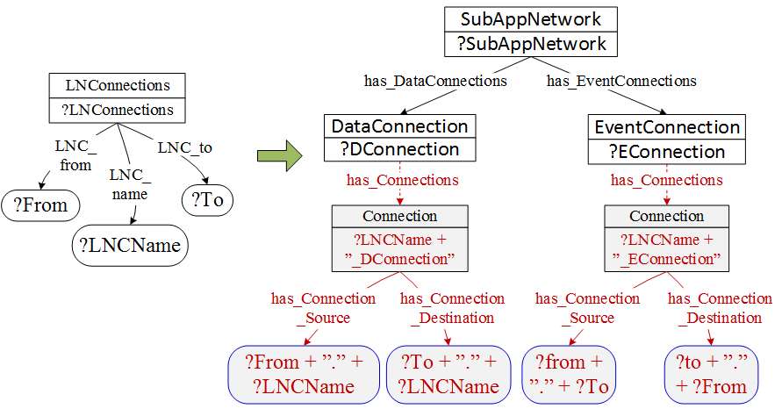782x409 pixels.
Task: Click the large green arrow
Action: coord(279,155)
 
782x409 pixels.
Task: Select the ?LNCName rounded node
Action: coord(129,246)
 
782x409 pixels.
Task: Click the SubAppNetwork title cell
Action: coord(525,19)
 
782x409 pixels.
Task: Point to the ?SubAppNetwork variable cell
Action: coord(525,44)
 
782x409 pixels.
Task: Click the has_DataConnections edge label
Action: coord(435,81)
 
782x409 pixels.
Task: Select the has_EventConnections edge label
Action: coord(621,81)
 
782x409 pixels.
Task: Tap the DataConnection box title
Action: coord(400,126)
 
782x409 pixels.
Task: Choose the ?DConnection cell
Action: coord(400,150)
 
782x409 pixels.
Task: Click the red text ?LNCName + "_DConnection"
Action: coord(399,249)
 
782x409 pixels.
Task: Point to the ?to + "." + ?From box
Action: coord(711,373)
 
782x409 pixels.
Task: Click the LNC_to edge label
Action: coord(184,147)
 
